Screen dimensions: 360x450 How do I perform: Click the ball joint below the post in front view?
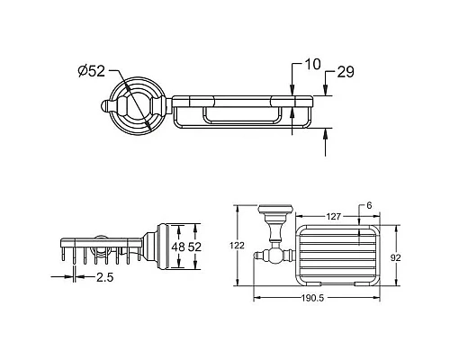point(274,257)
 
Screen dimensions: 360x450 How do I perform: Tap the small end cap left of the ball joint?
point(257,257)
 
